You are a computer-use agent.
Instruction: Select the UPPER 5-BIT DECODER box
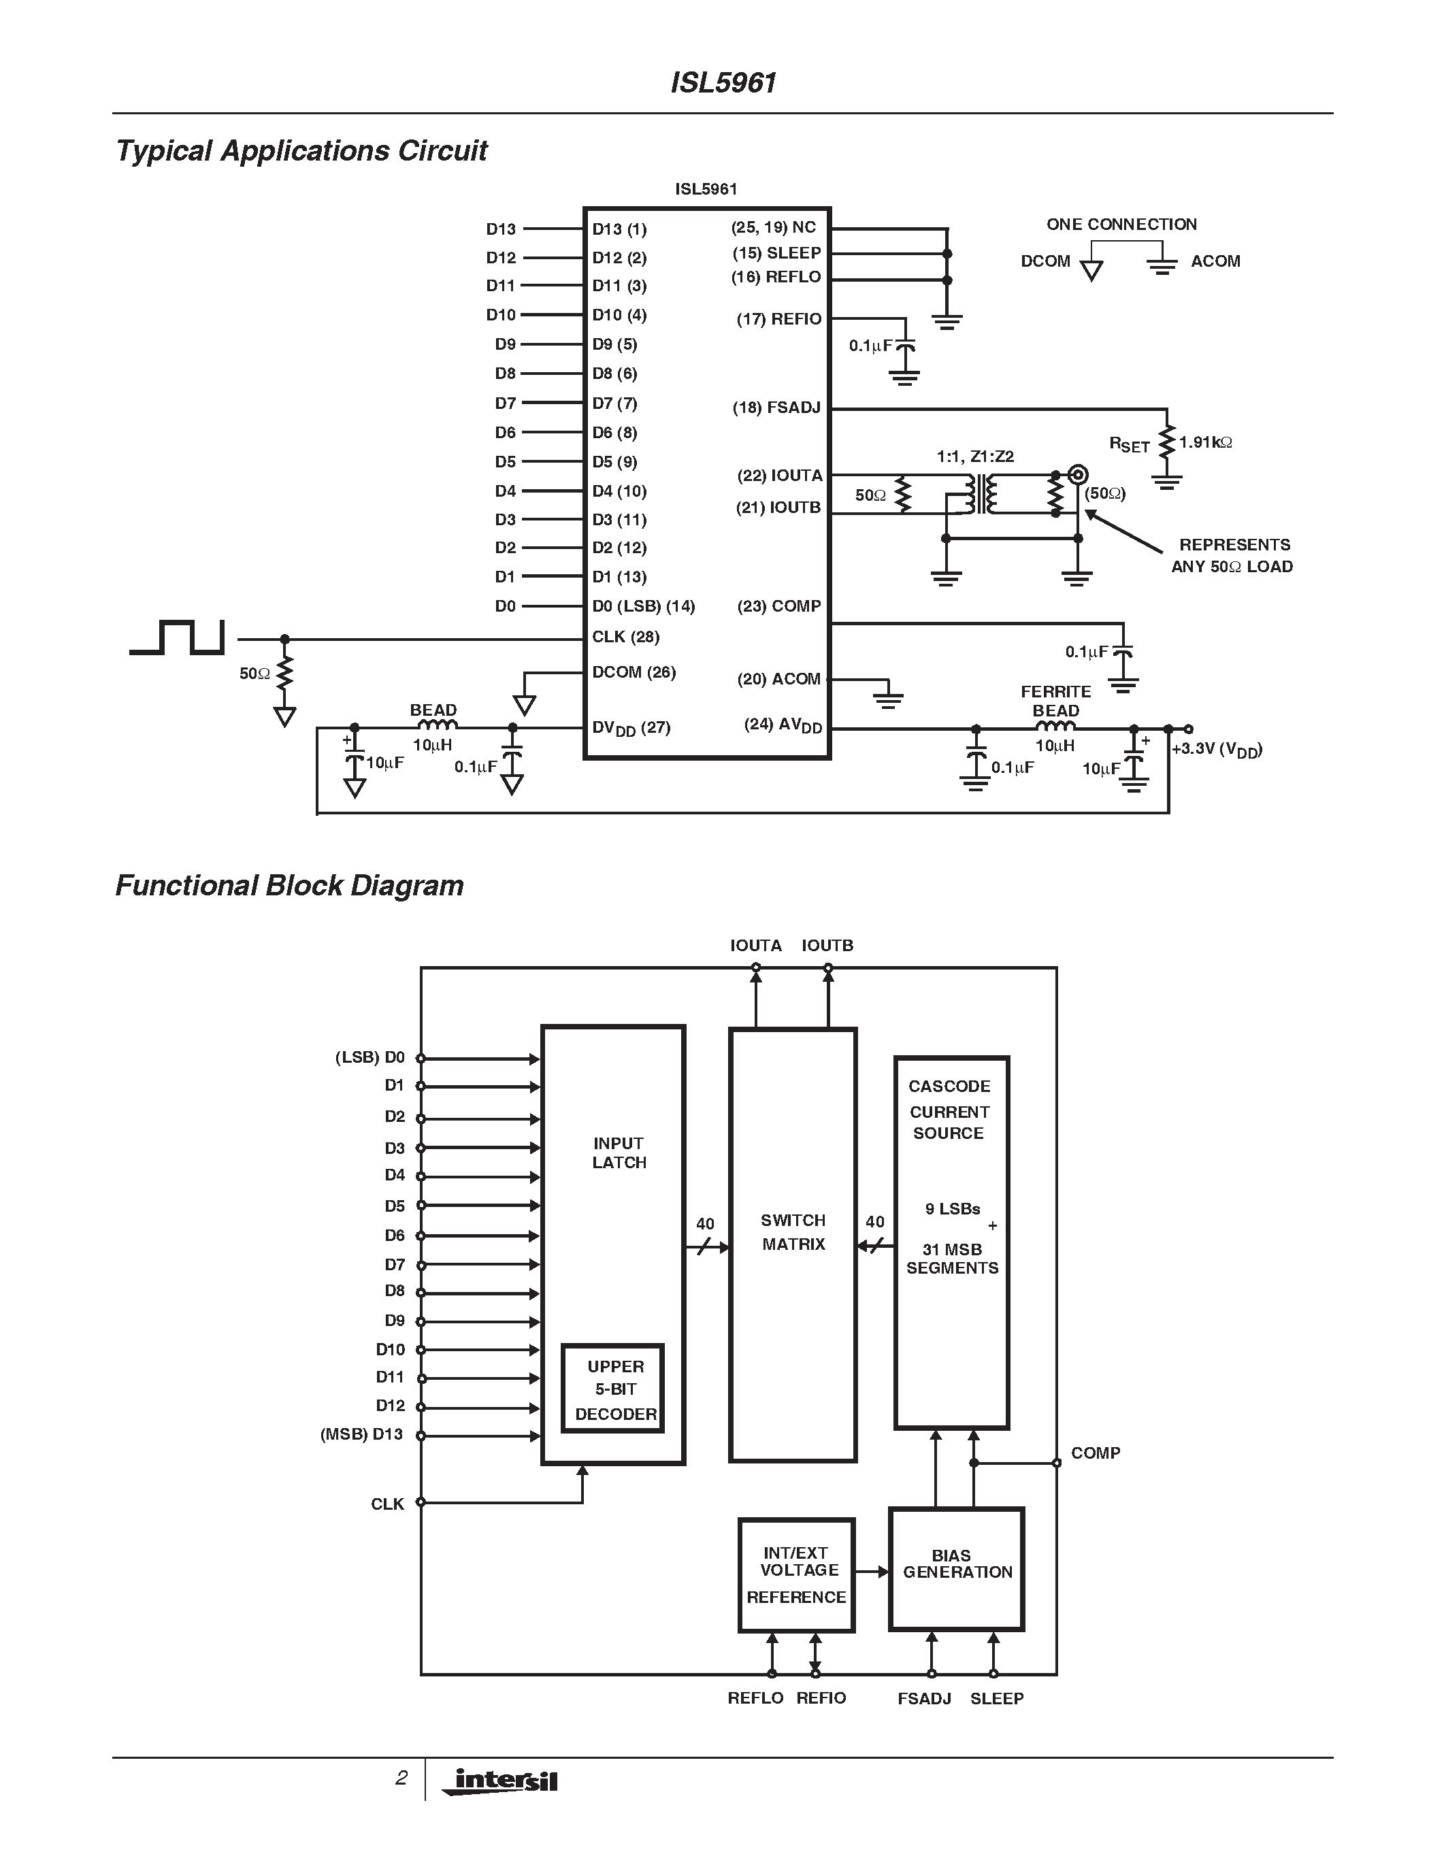point(613,1389)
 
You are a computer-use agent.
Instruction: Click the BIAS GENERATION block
point(957,1570)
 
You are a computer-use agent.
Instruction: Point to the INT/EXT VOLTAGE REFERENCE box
point(797,1574)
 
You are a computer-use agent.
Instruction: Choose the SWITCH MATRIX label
point(793,1232)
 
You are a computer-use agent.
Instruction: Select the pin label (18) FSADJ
point(776,408)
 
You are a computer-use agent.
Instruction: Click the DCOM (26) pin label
point(634,672)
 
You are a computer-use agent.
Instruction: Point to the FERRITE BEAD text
point(1055,701)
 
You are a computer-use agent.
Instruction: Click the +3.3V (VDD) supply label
point(1217,750)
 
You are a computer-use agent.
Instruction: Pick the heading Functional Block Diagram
point(290,885)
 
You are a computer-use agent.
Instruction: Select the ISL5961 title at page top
point(723,82)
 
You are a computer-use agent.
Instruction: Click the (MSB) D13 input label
point(361,1434)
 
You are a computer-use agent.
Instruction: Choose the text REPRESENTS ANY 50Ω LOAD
point(1233,555)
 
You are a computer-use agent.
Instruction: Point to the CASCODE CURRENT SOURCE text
point(949,1110)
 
